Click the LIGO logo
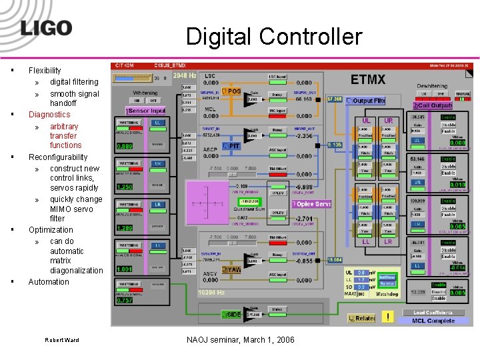coord(45,27)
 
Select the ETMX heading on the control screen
coord(368,79)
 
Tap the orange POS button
coord(233,91)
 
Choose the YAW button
coord(233,270)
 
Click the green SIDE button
coord(233,313)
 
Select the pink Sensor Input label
coord(146,110)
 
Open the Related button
coord(362,319)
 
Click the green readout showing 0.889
coord(125,146)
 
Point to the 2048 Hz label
coord(184,76)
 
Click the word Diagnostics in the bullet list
coord(49,115)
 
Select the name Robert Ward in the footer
coord(62,340)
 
